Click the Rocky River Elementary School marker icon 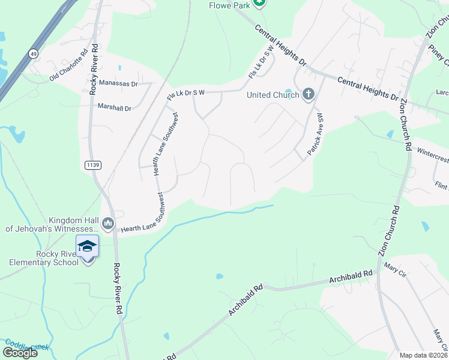point(87,245)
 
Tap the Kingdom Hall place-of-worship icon point(108,224)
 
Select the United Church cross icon point(308,94)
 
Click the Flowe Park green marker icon point(259,3)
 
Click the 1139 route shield point(92,164)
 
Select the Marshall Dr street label point(114,107)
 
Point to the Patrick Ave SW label point(316,135)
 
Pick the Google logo point(20,352)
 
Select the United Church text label point(273,94)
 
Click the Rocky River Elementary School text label point(40,258)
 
